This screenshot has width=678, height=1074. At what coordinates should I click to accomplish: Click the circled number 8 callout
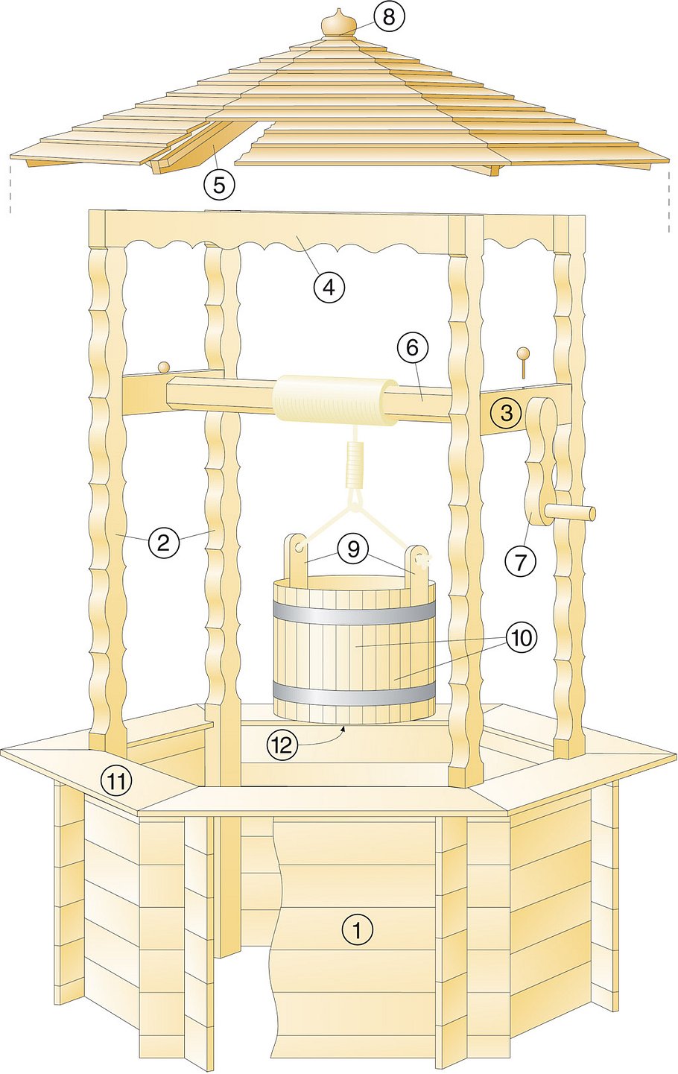point(389,17)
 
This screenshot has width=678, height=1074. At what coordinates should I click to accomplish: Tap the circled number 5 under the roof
point(219,184)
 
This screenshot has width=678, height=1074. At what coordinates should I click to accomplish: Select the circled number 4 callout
point(329,287)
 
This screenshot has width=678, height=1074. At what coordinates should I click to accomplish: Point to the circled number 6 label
point(412,348)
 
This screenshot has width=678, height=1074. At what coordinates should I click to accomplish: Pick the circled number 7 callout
point(520,560)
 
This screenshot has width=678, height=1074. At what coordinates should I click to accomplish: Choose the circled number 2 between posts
point(163,543)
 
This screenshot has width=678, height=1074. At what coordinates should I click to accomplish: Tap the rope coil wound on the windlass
point(335,400)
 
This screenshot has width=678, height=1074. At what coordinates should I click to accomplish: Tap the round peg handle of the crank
point(570,513)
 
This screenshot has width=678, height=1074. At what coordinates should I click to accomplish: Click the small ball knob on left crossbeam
point(164,367)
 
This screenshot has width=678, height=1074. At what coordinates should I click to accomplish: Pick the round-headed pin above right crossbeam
point(523,363)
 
